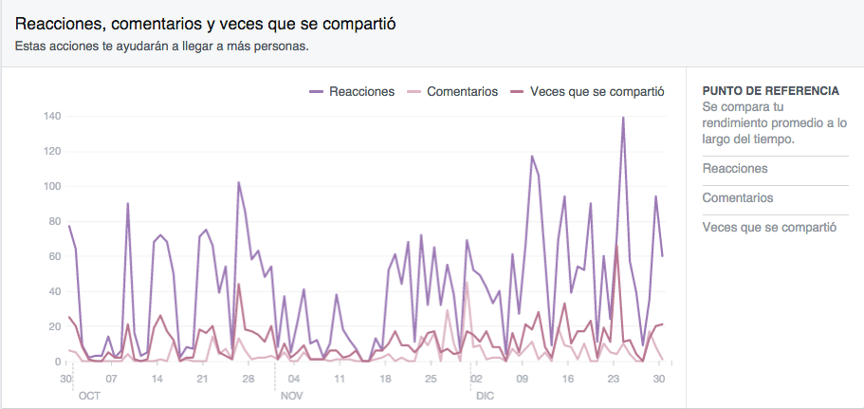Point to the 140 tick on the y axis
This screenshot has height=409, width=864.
point(51,117)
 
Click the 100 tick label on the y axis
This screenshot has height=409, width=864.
point(51,187)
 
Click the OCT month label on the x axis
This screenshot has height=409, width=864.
point(89,394)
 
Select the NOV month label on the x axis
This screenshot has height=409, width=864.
point(291,394)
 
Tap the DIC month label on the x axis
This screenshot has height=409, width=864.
point(485,394)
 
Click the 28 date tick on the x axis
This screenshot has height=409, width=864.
point(248,379)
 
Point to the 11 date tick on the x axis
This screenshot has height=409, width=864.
point(339,379)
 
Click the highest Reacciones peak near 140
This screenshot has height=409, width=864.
point(623,119)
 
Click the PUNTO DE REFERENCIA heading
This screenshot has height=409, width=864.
point(770,91)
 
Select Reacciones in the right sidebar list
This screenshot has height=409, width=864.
point(735,169)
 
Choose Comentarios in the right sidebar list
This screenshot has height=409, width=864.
point(737,198)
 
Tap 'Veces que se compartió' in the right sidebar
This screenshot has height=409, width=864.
point(769,228)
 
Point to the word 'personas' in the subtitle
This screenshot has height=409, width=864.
point(284,45)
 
